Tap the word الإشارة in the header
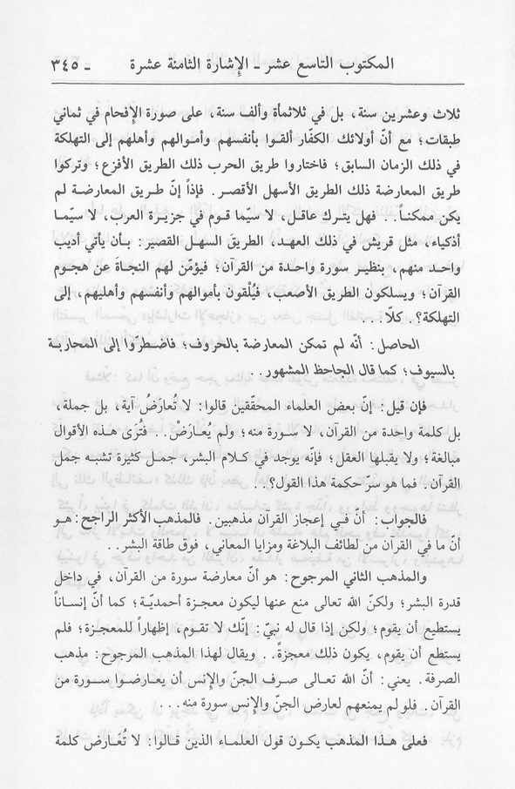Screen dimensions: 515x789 (271, 63)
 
